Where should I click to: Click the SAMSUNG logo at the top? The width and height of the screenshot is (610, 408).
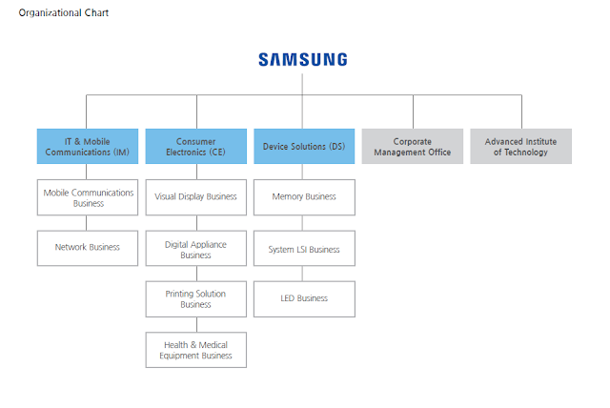303,59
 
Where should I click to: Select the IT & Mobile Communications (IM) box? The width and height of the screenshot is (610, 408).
88,147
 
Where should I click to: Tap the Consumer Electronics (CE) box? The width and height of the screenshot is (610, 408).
195,147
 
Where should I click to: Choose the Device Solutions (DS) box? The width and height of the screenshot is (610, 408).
304,147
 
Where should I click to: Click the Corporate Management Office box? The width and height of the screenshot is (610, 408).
413,147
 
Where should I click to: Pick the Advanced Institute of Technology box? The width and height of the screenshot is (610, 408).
520,147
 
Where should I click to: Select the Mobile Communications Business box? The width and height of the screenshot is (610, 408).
88,197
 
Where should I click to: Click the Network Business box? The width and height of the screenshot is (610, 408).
88,247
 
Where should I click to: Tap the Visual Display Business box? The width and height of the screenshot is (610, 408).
195,197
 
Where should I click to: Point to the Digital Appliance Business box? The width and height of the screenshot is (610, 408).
195,249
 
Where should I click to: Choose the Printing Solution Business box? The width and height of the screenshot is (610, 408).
195,299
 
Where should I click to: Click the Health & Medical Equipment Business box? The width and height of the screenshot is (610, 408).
195,350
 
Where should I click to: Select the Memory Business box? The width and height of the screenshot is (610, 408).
304,197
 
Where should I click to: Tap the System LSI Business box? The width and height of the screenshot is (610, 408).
304,249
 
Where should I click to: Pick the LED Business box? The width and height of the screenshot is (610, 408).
304,298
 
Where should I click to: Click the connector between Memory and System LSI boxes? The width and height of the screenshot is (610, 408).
304,223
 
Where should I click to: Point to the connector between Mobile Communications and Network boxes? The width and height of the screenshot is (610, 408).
88,223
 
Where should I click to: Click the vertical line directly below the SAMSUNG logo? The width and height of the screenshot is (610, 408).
303,83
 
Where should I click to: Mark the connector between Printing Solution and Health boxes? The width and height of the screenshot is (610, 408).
195,324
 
